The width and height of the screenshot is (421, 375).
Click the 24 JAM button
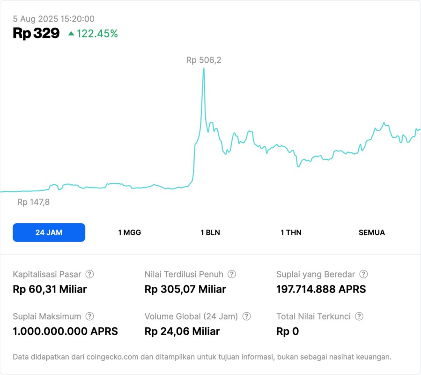49,232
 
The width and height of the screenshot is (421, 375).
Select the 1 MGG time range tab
129,232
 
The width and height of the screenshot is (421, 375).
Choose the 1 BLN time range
210,232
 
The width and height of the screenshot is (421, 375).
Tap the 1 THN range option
291,232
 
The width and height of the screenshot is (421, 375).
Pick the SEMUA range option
372,232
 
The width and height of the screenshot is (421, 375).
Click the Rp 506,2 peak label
204,60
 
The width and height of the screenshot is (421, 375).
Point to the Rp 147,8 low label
33,202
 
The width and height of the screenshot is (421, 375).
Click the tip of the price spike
204,69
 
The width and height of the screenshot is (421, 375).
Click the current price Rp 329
36,33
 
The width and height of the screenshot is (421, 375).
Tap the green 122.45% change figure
97,33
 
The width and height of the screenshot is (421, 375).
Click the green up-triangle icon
71,33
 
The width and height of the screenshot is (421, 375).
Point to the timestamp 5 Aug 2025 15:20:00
54,19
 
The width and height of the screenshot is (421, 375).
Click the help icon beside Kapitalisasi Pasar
89,274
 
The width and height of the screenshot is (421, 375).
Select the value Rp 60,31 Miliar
50,289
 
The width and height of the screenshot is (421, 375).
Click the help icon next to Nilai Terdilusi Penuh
232,274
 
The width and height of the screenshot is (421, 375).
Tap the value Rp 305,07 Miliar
185,289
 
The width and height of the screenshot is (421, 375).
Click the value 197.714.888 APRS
321,289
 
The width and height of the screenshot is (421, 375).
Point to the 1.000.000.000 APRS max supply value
65,331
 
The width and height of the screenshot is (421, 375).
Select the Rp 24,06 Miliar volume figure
182,331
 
